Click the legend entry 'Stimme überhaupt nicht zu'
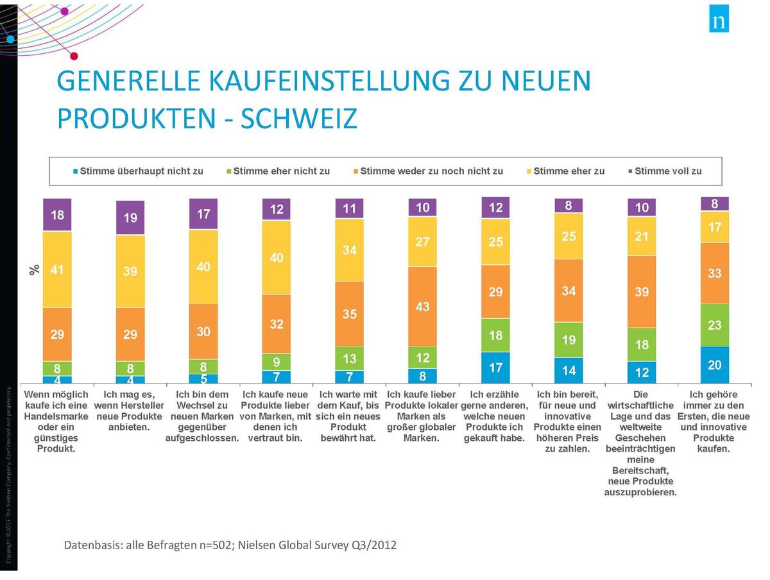139,171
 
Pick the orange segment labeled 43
423,307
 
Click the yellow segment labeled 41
57,269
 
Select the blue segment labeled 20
714,364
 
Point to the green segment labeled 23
714,325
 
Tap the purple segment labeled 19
130,217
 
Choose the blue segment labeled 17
495,367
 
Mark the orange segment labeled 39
642,292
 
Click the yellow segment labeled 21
642,236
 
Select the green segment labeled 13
349,358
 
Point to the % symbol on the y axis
35,269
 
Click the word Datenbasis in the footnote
90,545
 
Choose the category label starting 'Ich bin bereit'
567,422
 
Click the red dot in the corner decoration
74,56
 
